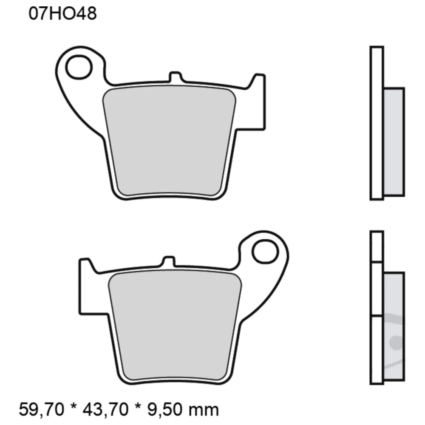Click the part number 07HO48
(x=62, y=14)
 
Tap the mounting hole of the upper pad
(x=79, y=66)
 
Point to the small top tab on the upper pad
(x=175, y=77)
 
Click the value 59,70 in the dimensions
(x=42, y=410)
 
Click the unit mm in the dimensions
(x=206, y=410)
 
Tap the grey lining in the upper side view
(x=394, y=142)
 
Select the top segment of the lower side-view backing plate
(x=377, y=246)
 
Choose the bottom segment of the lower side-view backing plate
(x=377, y=348)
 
